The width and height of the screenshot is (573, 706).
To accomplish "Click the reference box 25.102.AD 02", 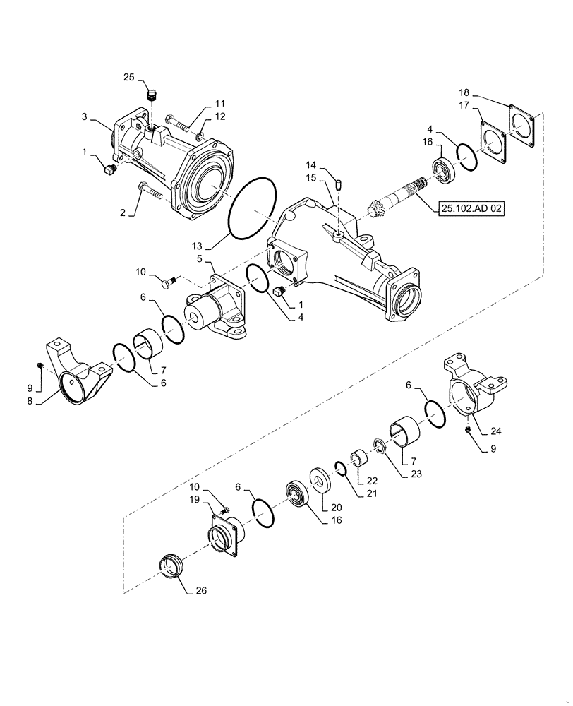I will pyautogui.click(x=471, y=209).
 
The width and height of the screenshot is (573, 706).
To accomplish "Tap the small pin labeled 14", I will pyautogui.click(x=339, y=185).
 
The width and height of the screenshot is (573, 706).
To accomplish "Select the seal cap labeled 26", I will pyautogui.click(x=171, y=567).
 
